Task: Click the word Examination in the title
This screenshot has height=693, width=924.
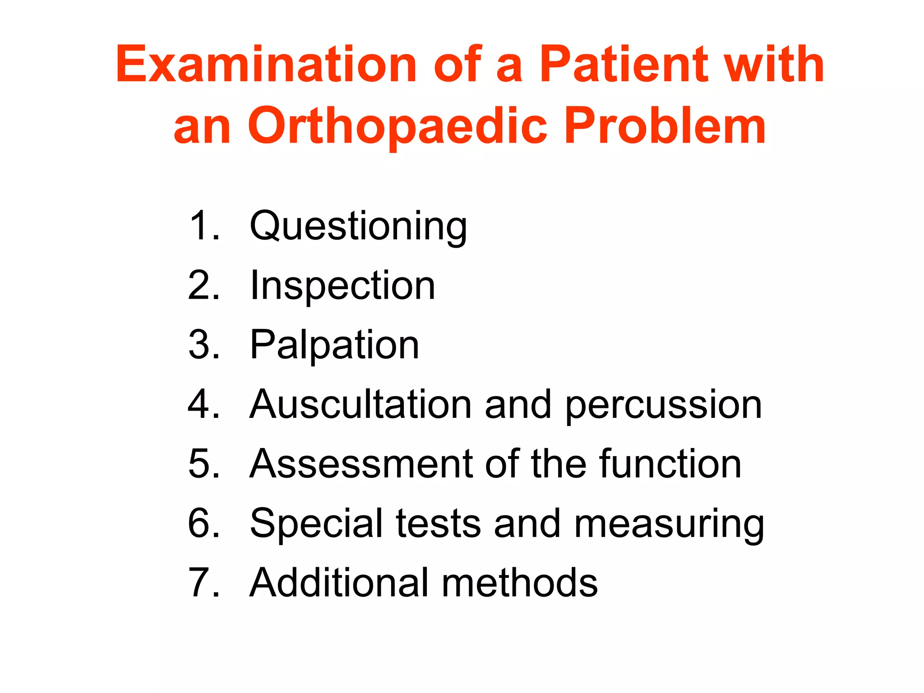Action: click(266, 65)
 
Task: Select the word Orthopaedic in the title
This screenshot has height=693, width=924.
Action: click(397, 126)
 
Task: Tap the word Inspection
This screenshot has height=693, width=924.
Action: click(342, 286)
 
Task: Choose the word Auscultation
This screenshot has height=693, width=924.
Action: click(360, 405)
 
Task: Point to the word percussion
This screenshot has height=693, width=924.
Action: click(663, 406)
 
